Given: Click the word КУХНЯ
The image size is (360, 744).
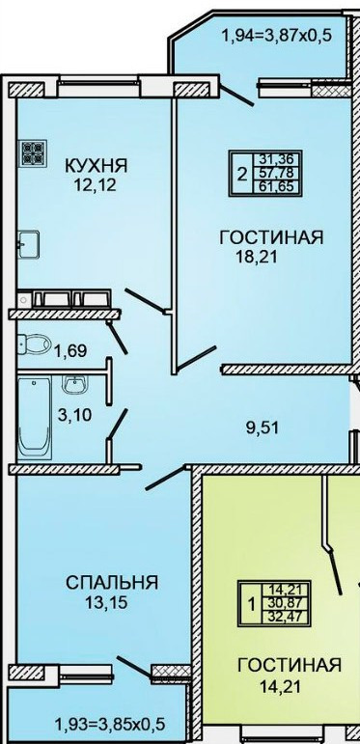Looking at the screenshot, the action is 96,166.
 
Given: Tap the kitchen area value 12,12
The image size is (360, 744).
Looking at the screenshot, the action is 95,184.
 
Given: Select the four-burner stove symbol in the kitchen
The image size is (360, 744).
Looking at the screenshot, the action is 33,152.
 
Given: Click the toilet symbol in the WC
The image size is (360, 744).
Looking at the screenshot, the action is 34,343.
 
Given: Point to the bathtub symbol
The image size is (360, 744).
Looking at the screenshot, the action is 35,418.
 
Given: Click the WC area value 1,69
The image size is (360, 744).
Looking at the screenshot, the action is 69,351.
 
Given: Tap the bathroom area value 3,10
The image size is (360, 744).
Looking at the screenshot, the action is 74,416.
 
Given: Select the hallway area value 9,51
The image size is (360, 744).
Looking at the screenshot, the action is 263,428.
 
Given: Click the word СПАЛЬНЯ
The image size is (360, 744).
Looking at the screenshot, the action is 111,582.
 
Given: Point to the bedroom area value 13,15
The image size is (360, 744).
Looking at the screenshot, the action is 106,602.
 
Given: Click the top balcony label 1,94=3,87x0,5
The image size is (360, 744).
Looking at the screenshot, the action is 277,35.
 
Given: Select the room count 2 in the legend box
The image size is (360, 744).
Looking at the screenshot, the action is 242,175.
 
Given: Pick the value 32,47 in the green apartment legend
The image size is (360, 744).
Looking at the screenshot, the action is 288,618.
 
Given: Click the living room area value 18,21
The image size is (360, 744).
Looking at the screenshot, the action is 257,257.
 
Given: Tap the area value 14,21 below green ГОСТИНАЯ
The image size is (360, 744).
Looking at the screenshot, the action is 280,685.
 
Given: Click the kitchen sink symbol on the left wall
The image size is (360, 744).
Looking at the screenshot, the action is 29,244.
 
